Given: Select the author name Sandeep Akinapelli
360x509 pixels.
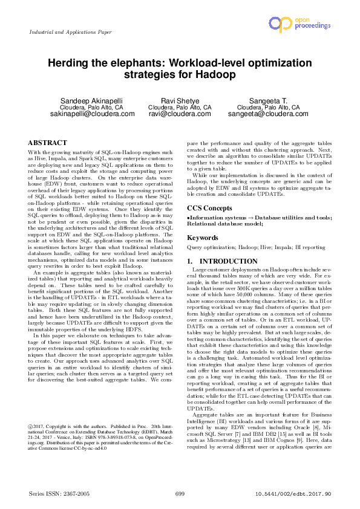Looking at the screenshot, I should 85,100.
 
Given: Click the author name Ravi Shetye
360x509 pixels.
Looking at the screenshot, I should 180,100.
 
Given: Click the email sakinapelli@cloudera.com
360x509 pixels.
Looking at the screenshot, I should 85,114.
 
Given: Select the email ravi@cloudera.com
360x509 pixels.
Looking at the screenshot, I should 180,114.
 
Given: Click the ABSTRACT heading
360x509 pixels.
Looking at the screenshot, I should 48,143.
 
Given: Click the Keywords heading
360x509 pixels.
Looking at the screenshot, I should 203,238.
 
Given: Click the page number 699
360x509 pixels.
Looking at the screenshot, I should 180,494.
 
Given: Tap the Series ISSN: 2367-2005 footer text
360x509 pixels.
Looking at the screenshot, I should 58,494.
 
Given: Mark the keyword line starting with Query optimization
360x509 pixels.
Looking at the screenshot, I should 256,247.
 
